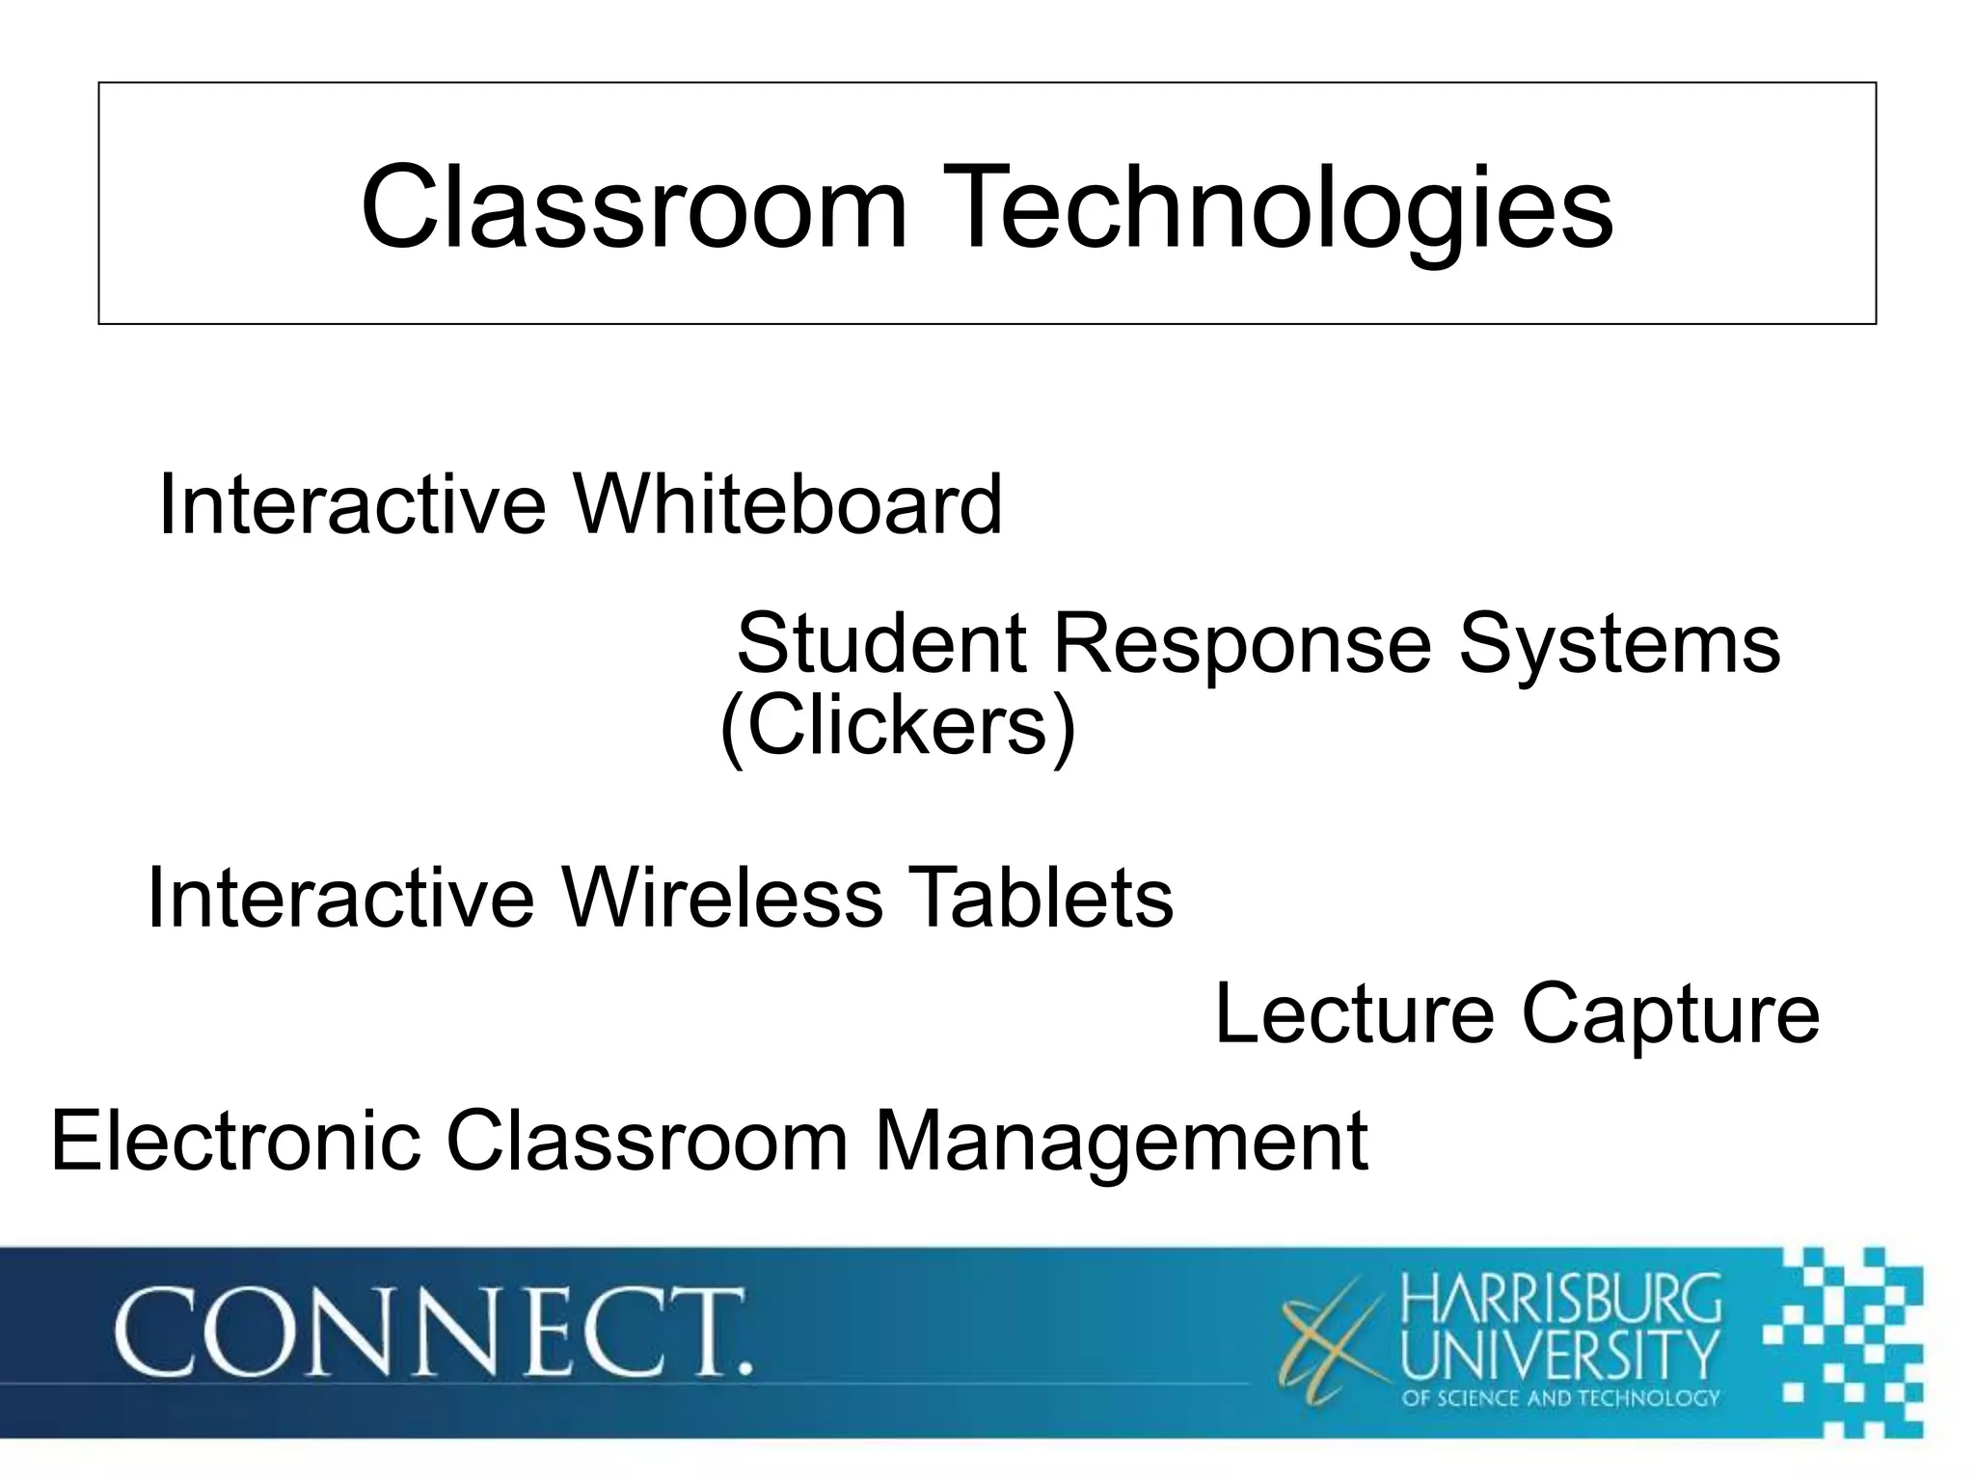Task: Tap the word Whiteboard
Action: coord(787,504)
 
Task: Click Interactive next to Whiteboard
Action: coord(352,504)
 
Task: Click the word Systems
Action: coord(1619,644)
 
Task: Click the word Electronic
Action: coord(235,1141)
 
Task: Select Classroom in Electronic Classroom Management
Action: coord(646,1141)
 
